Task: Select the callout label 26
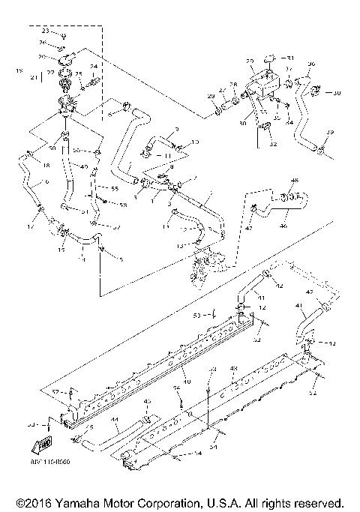(x=42, y=43)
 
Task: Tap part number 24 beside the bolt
(x=94, y=66)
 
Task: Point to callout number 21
(x=33, y=77)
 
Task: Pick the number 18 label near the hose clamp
(x=24, y=164)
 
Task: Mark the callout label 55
(x=115, y=189)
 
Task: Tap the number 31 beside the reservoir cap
(x=291, y=58)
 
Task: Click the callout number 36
(x=312, y=64)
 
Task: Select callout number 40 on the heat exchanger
(x=186, y=382)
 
